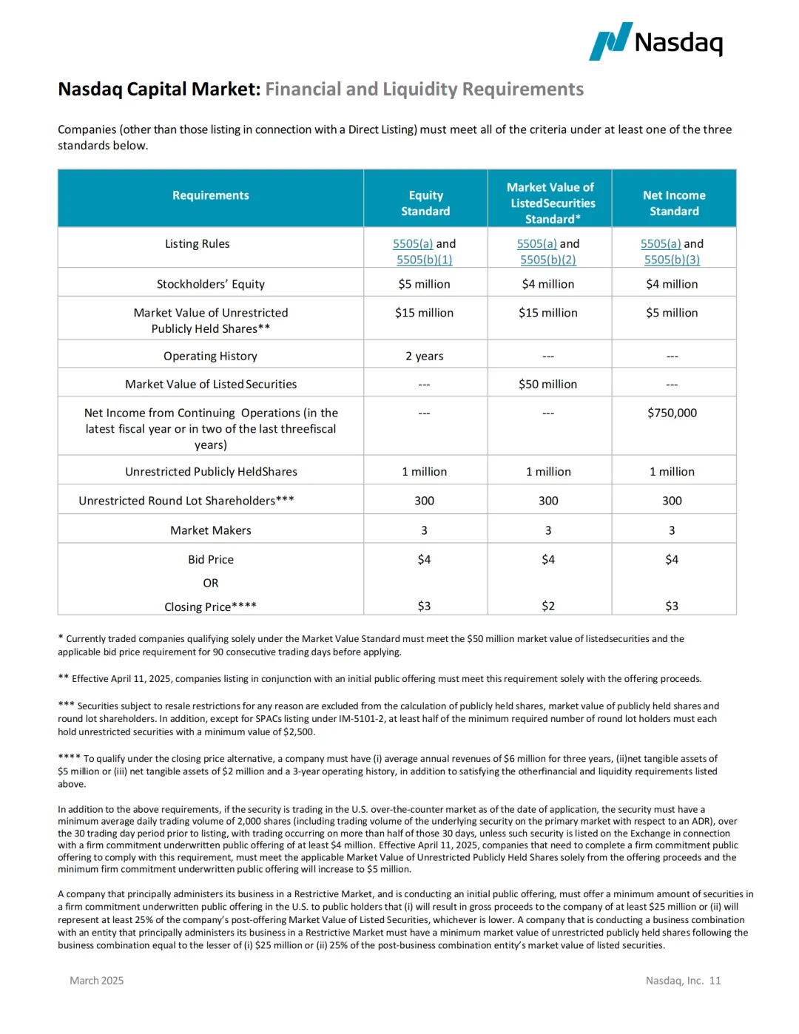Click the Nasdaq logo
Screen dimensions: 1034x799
655,41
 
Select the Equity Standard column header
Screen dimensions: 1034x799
425,203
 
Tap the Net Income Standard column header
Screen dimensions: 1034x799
674,203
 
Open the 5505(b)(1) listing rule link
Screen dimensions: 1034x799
424,260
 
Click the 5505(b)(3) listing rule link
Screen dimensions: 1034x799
672,260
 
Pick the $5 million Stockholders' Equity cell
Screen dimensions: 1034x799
424,284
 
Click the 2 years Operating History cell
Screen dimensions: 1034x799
424,356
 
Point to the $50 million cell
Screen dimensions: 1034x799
548,384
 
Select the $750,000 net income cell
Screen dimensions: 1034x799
672,413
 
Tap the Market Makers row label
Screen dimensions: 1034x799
211,530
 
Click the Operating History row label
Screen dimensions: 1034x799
211,356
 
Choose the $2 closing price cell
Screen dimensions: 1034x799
548,606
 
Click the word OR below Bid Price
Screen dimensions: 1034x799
211,583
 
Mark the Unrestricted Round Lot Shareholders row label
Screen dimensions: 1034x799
186,501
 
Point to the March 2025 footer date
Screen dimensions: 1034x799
97,981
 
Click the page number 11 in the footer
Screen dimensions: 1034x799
715,981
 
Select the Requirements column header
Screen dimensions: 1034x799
211,195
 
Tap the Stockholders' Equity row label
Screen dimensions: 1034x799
211,284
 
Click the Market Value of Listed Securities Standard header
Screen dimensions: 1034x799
551,203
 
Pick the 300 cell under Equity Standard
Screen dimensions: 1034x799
424,501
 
